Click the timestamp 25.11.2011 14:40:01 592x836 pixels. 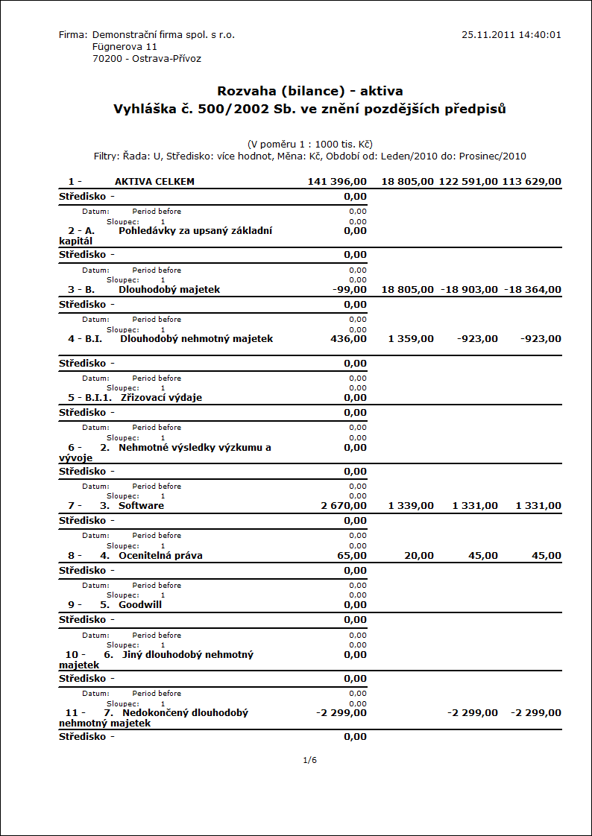click(511, 34)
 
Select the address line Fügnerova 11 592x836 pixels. click(125, 46)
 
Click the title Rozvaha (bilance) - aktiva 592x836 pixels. click(310, 91)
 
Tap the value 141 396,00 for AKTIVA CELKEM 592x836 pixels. click(337, 181)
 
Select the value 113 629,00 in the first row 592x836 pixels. click(532, 181)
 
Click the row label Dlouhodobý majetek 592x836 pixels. click(169, 289)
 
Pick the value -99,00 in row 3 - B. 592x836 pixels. click(349, 289)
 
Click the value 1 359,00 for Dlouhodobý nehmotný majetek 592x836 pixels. click(411, 339)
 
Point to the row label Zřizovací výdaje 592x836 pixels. click(161, 397)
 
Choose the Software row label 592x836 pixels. click(141, 505)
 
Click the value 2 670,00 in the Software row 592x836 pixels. click(344, 506)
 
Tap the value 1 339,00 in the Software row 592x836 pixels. click(411, 506)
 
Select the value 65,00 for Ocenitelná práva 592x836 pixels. click(352, 555)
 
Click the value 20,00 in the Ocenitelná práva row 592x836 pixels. click(420, 555)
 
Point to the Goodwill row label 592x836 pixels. click(140, 604)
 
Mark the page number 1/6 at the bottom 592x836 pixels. click(310, 760)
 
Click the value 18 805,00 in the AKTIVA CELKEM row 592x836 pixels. click(407, 181)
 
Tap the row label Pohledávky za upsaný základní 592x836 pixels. click(195, 230)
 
